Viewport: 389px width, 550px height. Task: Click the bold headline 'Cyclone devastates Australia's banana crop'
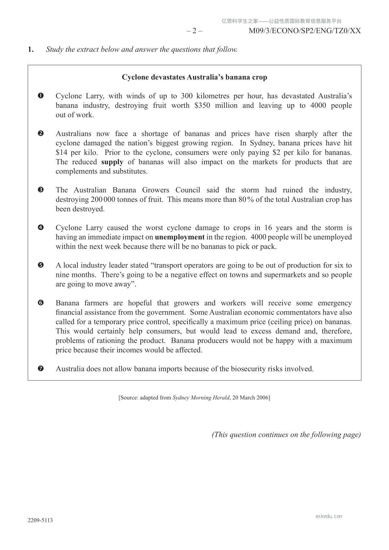point(194,77)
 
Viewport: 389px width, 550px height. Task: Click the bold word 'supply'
point(112,162)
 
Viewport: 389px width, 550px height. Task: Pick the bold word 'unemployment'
point(180,237)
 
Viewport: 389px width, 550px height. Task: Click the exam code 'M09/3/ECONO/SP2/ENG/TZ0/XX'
point(305,31)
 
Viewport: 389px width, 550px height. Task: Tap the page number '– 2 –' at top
point(194,31)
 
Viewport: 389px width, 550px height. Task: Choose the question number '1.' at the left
point(31,50)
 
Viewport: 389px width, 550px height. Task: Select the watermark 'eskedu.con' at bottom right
point(329,516)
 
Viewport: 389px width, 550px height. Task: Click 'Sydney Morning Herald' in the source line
point(201,398)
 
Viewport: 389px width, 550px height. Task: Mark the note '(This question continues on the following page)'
point(286,435)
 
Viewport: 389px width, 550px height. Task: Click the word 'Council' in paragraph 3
point(188,190)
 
